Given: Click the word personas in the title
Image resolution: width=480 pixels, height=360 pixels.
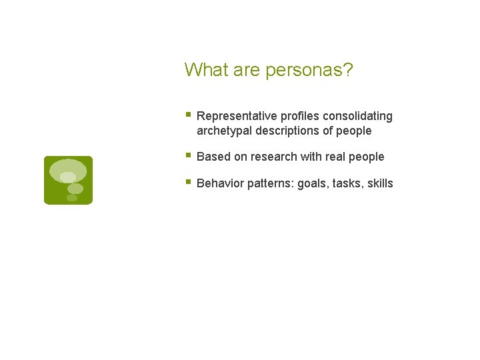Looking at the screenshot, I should click(305, 70).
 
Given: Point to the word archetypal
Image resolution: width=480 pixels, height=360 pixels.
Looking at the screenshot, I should click(224, 131).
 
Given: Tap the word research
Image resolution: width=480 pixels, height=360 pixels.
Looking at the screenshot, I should click(274, 157).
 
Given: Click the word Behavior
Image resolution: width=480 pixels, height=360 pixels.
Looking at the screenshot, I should click(220, 183).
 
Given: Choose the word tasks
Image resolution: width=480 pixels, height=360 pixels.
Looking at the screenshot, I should click(347, 183).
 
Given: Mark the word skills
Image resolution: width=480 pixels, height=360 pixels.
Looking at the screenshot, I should click(380, 183).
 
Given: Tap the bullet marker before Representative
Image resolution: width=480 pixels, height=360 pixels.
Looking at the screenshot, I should click(188, 115).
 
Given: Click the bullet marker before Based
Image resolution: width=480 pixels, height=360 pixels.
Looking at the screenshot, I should click(188, 156).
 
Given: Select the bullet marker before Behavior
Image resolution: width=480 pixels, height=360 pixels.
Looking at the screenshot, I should click(188, 182).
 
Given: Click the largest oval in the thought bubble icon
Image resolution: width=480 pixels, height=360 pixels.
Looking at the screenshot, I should click(68, 171).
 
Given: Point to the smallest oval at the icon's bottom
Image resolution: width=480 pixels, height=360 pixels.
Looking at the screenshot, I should click(72, 198).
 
